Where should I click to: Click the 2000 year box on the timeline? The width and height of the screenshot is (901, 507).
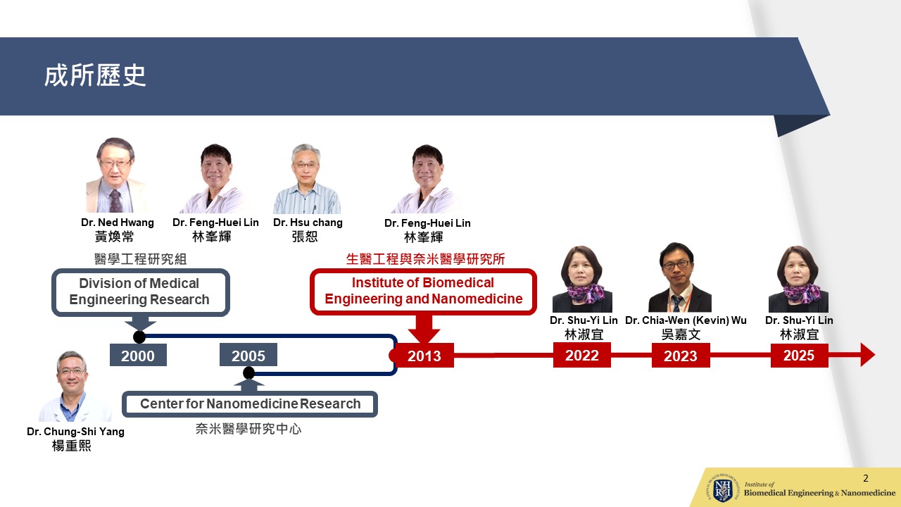click(138, 356)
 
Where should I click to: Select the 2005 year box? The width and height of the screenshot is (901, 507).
click(248, 355)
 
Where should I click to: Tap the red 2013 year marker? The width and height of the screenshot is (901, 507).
click(424, 356)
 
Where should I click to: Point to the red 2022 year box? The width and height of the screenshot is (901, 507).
click(581, 355)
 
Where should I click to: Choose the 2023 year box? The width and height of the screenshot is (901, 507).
click(681, 356)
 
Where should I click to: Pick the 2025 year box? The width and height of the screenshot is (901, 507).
click(799, 355)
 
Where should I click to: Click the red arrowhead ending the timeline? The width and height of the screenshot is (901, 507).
click(868, 355)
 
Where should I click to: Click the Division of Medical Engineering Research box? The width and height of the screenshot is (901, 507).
click(140, 292)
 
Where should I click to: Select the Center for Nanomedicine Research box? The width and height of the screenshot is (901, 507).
click(250, 404)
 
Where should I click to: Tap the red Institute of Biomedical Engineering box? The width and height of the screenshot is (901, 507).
click(423, 292)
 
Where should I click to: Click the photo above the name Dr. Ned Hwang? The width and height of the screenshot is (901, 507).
click(116, 175)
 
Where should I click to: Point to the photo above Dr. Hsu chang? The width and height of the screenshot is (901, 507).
click(306, 179)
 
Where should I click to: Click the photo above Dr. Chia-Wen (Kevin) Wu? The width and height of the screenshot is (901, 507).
click(680, 277)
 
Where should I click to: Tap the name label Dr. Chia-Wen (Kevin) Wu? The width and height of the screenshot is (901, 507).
click(686, 320)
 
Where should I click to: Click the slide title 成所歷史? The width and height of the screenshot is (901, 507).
click(95, 75)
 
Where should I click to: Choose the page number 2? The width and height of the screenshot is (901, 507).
click(866, 478)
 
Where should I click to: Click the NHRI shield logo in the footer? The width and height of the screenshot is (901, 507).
click(722, 489)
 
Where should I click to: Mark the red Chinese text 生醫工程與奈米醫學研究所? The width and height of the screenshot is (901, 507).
click(425, 258)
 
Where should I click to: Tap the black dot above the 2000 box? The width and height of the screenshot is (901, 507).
click(139, 337)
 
